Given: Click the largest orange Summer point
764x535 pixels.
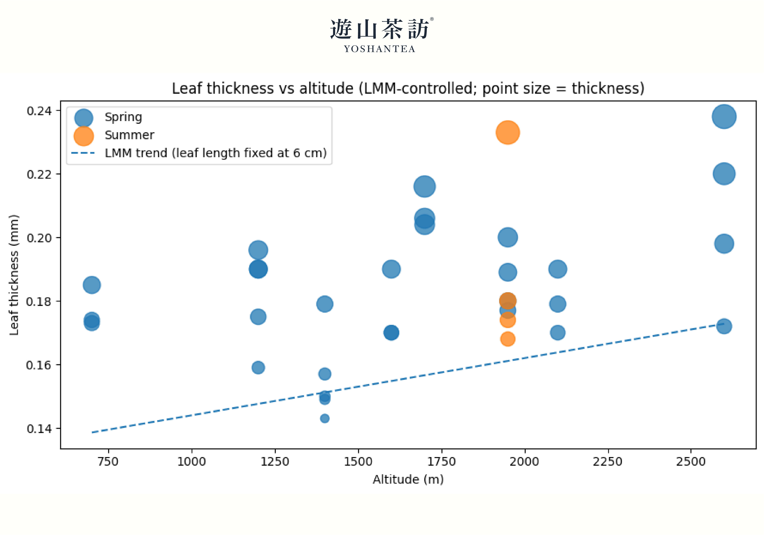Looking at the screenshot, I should pos(507,132).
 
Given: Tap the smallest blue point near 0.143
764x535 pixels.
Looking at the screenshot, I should pos(325,419).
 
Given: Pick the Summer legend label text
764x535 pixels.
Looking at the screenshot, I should pos(129,135).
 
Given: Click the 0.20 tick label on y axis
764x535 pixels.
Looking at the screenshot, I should pos(39,238).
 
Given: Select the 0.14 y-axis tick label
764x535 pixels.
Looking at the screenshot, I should pos(39,429).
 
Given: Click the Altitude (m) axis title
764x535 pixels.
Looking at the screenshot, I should pos(408,480).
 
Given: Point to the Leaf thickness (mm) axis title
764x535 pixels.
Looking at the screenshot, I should pos(14,275).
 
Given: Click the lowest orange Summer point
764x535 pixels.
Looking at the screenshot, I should pos(507,339).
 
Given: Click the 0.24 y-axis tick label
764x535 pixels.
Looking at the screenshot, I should pos(39,111).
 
